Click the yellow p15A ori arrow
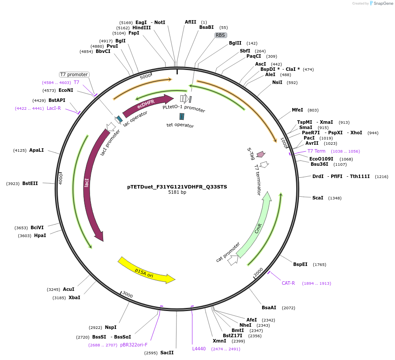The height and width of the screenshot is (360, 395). point(146,270)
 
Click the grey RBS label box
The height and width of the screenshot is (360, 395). point(220,35)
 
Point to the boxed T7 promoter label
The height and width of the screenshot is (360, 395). point(74,74)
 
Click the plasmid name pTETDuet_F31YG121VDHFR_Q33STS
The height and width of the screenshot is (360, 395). point(177,187)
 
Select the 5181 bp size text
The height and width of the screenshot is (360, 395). point(177,192)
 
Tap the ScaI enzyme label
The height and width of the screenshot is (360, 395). point(318,198)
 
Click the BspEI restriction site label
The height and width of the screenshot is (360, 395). point(300,265)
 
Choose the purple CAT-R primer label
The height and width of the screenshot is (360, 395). point(288,283)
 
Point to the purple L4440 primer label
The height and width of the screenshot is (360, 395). point(199,349)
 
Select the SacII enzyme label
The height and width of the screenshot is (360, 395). point(167,353)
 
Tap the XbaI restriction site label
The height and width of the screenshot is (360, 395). point(74,298)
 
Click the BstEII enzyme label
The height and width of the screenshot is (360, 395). point(30,184)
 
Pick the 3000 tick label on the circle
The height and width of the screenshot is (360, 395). point(127,294)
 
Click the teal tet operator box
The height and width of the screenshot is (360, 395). point(182,116)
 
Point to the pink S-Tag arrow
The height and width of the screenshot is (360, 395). point(261,154)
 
